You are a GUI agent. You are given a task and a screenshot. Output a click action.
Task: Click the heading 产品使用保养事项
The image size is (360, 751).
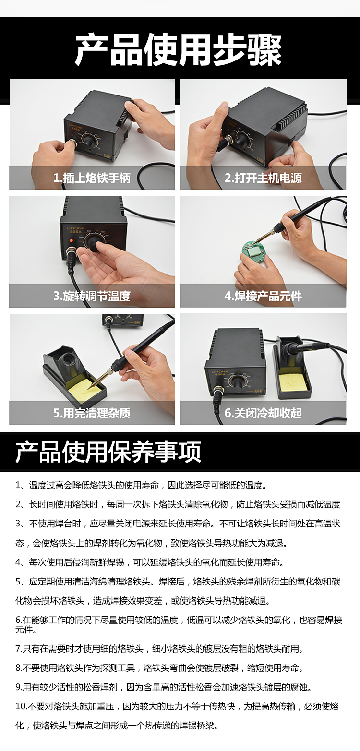tap(108, 451)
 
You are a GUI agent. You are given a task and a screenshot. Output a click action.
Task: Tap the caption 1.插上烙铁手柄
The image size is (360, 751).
tap(92, 178)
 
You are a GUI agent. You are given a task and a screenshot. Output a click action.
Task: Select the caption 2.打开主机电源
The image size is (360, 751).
tap(263, 178)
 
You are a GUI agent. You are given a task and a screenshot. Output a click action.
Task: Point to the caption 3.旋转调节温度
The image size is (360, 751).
tap(92, 296)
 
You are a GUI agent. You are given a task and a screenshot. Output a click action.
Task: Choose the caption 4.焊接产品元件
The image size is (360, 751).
tap(263, 296)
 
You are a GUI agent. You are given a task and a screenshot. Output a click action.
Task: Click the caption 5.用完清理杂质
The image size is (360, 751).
tap(92, 413)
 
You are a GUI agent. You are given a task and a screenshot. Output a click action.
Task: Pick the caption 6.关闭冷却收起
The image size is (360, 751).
tap(263, 413)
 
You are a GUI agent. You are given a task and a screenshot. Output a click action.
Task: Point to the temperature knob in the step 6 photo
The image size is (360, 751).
tap(237, 382)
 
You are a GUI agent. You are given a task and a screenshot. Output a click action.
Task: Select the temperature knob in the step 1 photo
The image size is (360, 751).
tap(89, 141)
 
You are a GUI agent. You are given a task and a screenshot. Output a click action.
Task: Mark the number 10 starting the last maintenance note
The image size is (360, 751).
tap(20, 706)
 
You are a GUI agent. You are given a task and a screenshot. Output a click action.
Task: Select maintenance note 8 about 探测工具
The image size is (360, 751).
tap(158, 668)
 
